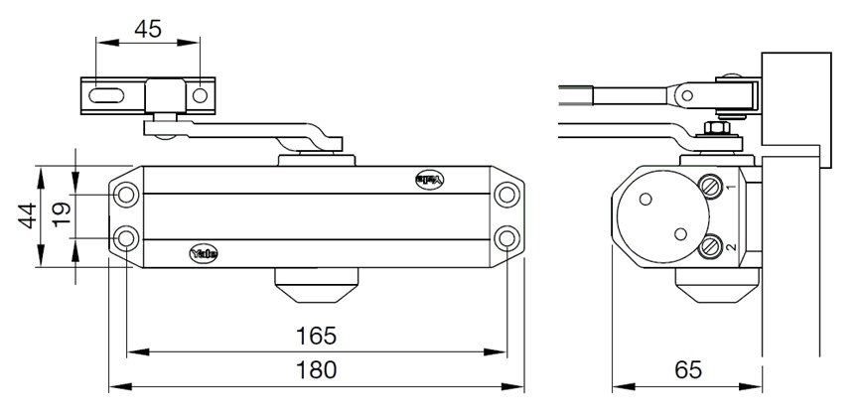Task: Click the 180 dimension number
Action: pyautogui.click(x=316, y=369)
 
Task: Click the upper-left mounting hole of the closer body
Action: pyautogui.click(x=126, y=195)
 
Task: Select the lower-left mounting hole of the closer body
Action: pyautogui.click(x=126, y=238)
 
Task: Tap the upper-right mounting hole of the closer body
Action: pyautogui.click(x=507, y=195)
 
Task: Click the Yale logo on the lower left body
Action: pyautogui.click(x=203, y=253)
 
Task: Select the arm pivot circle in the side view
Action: pyautogui.click(x=684, y=94)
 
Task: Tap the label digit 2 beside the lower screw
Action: pyautogui.click(x=729, y=246)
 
